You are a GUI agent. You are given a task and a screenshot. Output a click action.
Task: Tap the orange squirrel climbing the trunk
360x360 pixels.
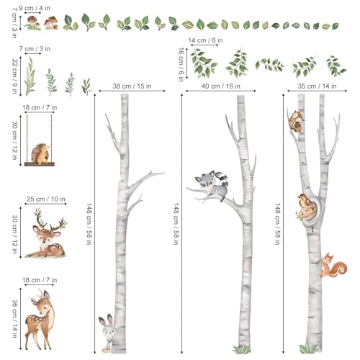point(333,265)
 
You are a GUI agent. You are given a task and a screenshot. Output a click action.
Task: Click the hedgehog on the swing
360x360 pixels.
point(41,153)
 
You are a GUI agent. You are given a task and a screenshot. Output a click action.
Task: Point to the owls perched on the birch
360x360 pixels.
point(297,121)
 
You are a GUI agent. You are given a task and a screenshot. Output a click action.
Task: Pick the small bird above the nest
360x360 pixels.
point(305,201)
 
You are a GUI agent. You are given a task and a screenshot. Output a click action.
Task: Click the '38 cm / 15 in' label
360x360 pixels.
point(132,86)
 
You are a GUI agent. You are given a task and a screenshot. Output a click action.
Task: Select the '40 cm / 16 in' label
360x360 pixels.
point(220,86)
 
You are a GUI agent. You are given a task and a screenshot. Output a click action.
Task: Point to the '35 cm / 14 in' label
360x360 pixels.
point(317,86)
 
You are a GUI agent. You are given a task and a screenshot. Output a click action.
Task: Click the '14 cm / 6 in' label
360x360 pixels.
point(205,40)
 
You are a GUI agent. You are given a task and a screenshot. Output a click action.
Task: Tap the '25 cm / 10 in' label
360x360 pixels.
point(46,199)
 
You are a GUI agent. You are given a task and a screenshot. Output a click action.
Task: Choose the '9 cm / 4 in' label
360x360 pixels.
point(35,8)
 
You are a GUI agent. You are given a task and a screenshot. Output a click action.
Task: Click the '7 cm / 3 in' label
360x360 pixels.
point(35,49)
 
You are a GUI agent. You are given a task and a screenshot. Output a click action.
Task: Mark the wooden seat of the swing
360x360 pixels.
point(40,164)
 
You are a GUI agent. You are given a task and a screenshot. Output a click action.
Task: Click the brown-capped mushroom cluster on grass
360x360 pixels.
point(33,23)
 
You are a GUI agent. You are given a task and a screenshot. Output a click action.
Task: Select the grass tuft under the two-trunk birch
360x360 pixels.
point(309,348)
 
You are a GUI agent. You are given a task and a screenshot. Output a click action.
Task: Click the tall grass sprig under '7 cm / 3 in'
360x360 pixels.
point(30,77)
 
